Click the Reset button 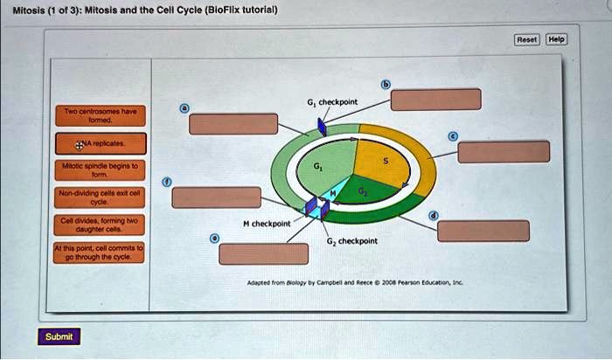coord(527,39)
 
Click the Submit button coord(58,336)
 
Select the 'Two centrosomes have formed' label coord(98,116)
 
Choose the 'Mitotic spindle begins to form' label coord(98,168)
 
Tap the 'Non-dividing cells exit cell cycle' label coord(98,196)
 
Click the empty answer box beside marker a coord(234,124)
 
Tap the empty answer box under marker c coord(504,151)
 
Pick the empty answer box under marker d coord(483,231)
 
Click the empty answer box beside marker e coord(263,253)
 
